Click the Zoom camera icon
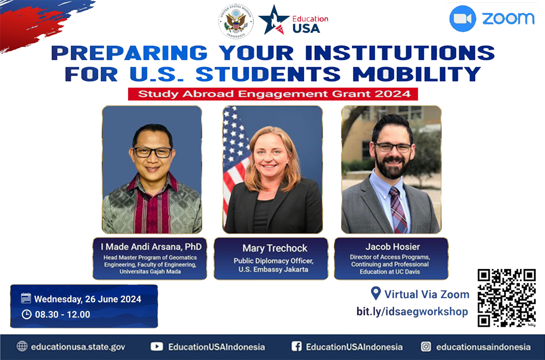pyautogui.click(x=463, y=19)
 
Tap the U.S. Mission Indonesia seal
pyautogui.click(x=236, y=21)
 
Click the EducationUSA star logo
pyautogui.click(x=274, y=20)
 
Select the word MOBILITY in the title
pyautogui.click(x=417, y=74)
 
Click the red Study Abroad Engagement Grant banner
pyautogui.click(x=273, y=94)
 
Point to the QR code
pyautogui.click(x=506, y=298)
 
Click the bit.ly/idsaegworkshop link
pyautogui.click(x=412, y=311)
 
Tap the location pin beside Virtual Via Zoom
pyautogui.click(x=376, y=293)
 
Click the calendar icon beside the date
pyautogui.click(x=26, y=298)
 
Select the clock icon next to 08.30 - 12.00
pyautogui.click(x=26, y=314)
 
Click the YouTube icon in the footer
pyautogui.click(x=157, y=346)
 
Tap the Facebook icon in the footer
pyautogui.click(x=296, y=346)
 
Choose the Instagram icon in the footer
pyautogui.click(x=426, y=346)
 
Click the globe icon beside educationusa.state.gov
pyautogui.click(x=22, y=346)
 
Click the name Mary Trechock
pyautogui.click(x=275, y=248)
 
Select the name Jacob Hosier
pyautogui.click(x=392, y=247)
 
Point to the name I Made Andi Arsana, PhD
pyautogui.click(x=151, y=247)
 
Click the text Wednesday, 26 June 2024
pyautogui.click(x=88, y=299)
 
